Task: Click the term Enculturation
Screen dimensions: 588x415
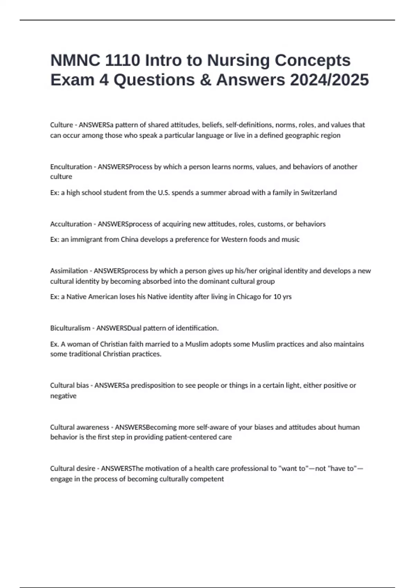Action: point(71,167)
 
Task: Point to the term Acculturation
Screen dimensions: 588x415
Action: point(71,224)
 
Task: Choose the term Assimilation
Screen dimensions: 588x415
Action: point(69,271)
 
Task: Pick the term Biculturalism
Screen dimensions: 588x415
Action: point(70,328)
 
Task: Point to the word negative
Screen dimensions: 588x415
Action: point(63,396)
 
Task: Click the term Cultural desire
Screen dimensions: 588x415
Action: point(73,469)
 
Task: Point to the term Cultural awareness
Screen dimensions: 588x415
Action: point(80,427)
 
